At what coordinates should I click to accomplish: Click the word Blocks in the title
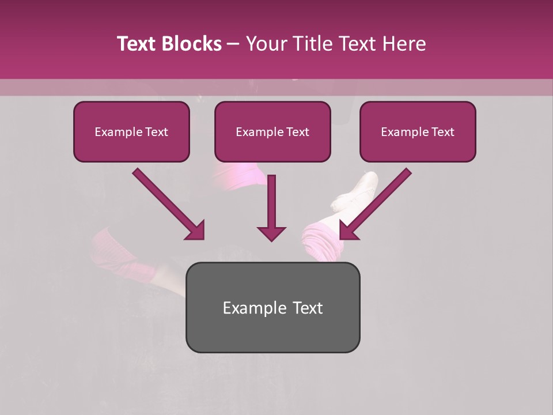coord(191,44)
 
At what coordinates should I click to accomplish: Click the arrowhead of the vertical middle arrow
coord(271,233)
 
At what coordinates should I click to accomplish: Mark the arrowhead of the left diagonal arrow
coord(196,231)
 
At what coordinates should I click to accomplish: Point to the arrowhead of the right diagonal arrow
coord(348,231)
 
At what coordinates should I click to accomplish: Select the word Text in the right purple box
coord(442,132)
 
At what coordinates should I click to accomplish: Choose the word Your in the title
coord(266,44)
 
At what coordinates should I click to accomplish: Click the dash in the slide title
coord(233,44)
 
